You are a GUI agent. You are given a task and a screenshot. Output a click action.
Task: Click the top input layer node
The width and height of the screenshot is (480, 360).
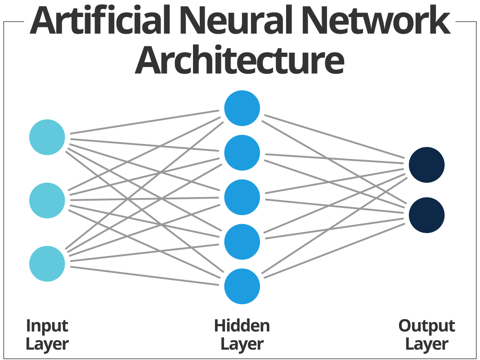[x=47, y=137]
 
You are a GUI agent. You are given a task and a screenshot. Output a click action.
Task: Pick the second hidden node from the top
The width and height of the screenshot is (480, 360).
[x=242, y=153]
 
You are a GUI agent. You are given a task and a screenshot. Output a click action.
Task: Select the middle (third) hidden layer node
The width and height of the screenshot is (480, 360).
[x=242, y=197]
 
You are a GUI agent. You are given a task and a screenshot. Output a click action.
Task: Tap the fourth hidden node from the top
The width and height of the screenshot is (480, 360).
[x=242, y=242]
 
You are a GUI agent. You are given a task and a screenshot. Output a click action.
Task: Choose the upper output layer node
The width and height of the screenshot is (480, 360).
[x=426, y=165]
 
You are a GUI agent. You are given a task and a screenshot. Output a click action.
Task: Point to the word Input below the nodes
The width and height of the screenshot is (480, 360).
[x=47, y=326]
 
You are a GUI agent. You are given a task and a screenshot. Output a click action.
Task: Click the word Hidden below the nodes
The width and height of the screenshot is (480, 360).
[x=242, y=326]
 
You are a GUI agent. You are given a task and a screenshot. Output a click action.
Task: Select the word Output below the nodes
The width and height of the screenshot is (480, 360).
[x=426, y=326]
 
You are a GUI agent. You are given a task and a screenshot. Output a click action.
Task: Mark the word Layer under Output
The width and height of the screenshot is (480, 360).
[x=426, y=345]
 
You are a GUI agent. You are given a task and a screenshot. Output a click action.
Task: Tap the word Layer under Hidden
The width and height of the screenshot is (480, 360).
[x=242, y=345]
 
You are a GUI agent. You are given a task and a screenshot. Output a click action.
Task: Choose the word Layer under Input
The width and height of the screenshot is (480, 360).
[x=47, y=345]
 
